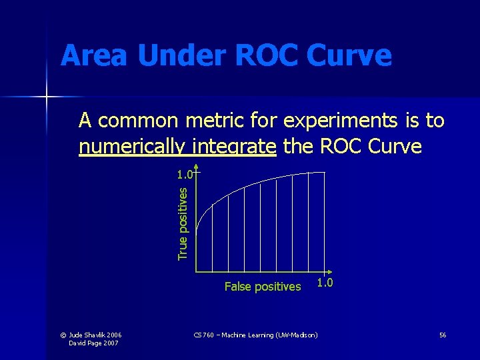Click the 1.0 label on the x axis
(325, 283)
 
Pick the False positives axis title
(263, 287)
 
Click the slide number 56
(443, 334)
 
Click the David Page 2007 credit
(95, 343)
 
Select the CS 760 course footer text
(255, 334)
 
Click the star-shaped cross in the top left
(47, 97)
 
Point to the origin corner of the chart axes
(196, 272)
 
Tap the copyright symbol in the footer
(73, 334)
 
